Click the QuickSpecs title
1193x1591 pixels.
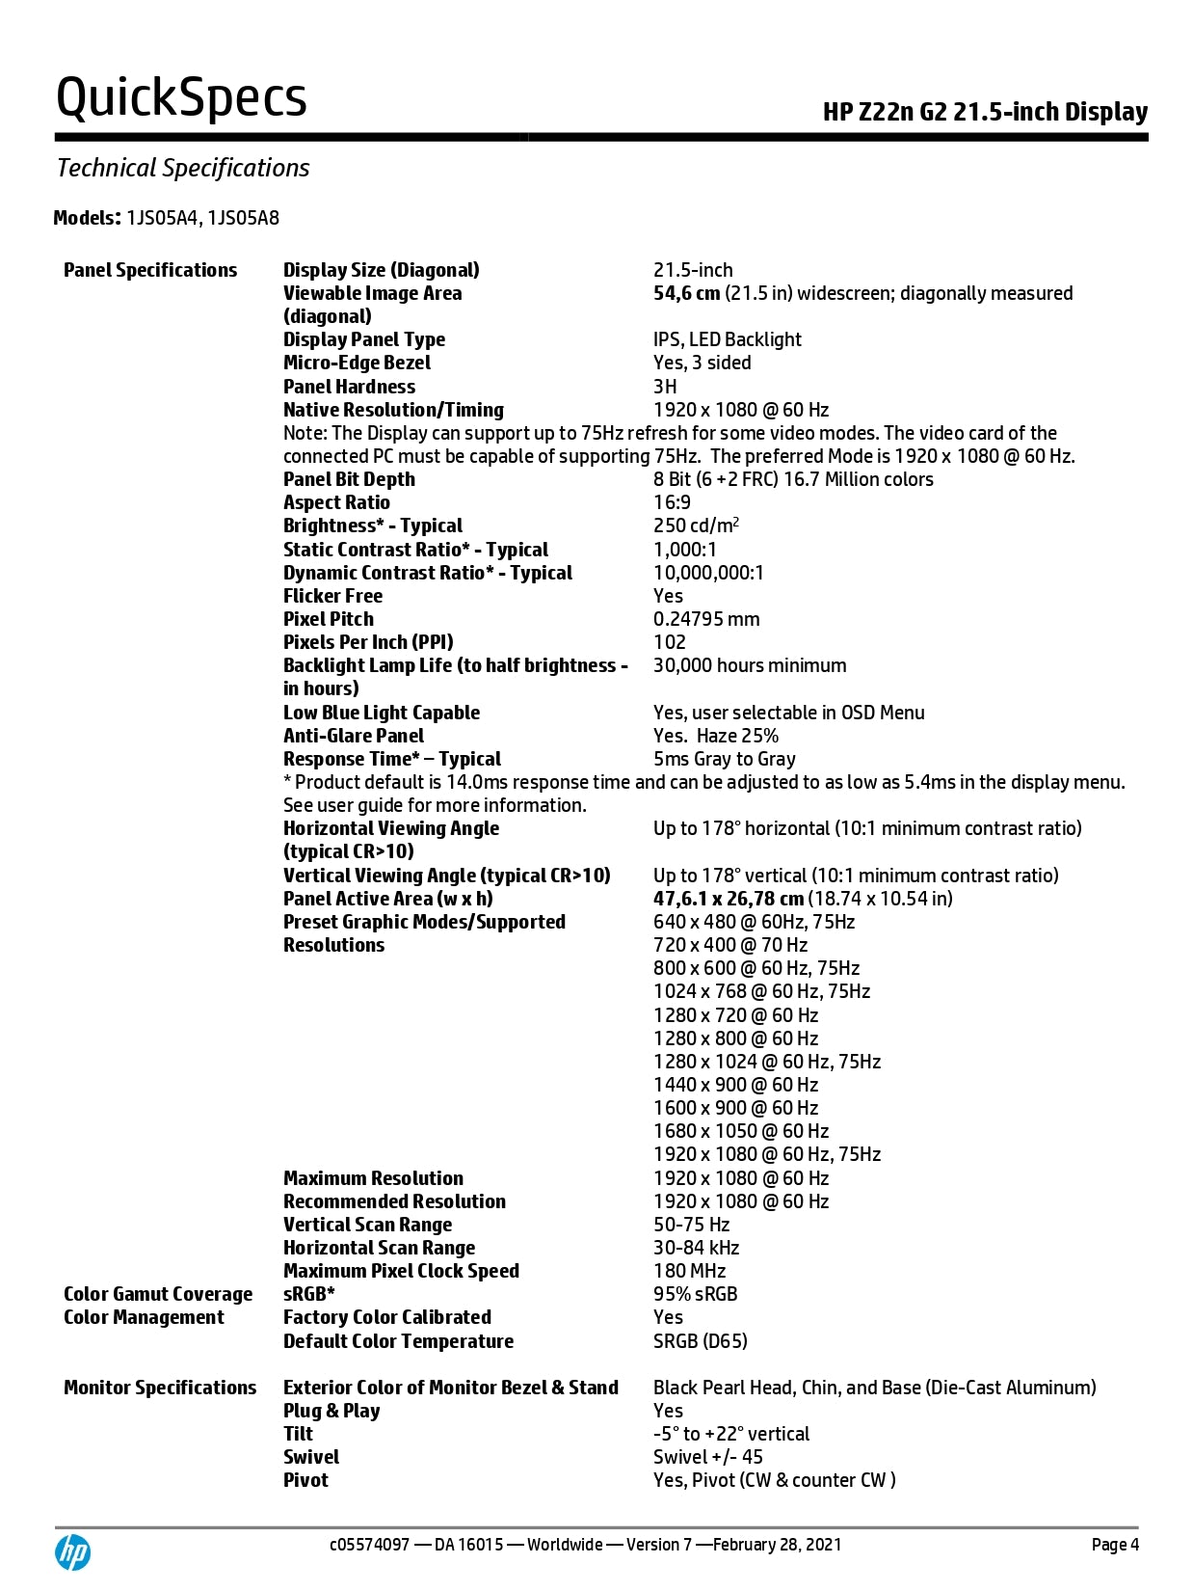(181, 97)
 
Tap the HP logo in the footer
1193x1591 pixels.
(72, 1552)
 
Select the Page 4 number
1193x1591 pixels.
(1115, 1545)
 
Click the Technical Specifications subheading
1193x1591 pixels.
(183, 168)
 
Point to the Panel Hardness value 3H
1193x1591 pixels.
(665, 387)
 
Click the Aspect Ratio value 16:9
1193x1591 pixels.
(672, 502)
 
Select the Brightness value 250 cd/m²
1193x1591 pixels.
(696, 526)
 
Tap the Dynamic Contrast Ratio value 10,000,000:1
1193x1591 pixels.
(708, 573)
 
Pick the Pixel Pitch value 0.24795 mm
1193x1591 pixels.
(706, 619)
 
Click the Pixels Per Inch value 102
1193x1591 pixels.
(670, 642)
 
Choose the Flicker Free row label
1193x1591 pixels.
(332, 596)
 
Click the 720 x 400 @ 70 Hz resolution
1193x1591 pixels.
(730, 945)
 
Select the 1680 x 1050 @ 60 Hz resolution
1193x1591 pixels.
(741, 1131)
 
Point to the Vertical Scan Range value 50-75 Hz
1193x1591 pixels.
(691, 1225)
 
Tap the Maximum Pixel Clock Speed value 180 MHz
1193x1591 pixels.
(689, 1271)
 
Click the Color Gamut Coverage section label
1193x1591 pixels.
(158, 1294)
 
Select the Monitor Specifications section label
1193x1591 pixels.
(160, 1388)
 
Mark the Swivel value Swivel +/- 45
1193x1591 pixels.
(707, 1457)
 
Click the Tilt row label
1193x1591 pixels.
(298, 1434)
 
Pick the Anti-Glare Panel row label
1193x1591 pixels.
(354, 736)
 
